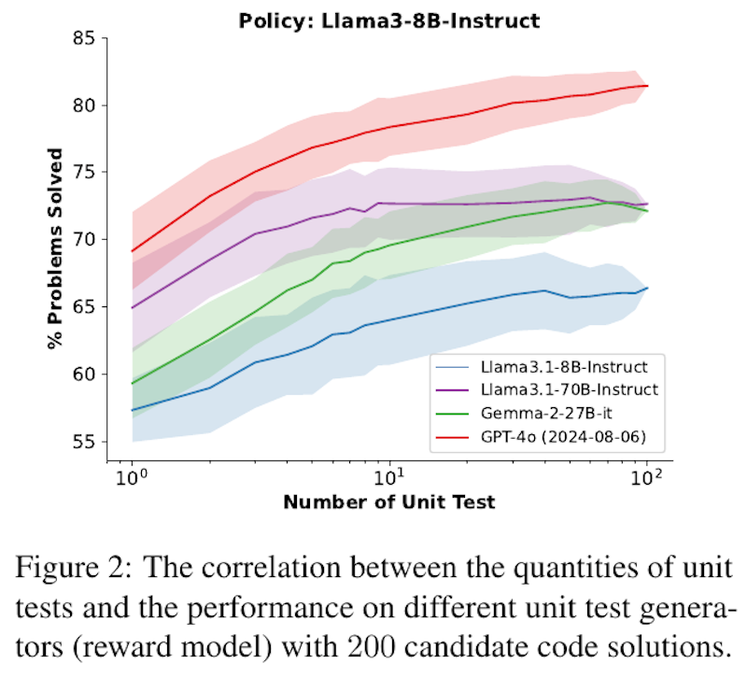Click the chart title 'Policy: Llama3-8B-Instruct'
[x=390, y=19]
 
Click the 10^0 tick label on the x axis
[x=133, y=479]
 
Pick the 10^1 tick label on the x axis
[x=390, y=479]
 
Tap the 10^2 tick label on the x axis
[x=647, y=479]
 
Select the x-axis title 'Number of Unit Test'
[x=389, y=503]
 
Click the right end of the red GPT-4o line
[x=647, y=86]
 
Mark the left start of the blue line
[x=133, y=410]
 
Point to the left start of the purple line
[x=133, y=307]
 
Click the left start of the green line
[x=133, y=383]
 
